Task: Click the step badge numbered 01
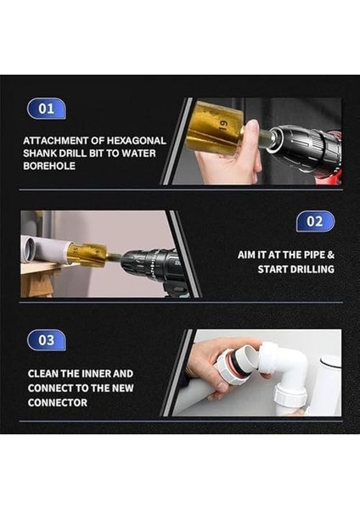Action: pos(46,109)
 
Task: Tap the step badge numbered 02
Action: pos(315,221)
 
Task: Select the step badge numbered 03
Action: pos(46,340)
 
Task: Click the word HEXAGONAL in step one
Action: pos(137,141)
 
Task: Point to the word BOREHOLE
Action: pos(49,166)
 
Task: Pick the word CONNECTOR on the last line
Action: pos(58,402)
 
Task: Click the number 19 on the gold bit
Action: pos(222,125)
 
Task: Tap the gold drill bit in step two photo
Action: pos(87,255)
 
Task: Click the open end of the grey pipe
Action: pos(27,249)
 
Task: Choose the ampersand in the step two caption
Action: pos(331,255)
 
